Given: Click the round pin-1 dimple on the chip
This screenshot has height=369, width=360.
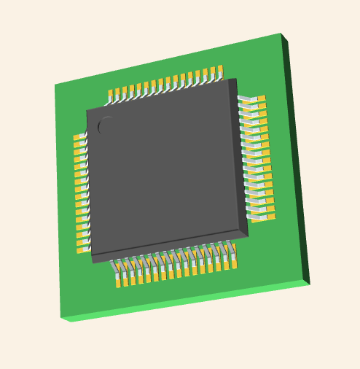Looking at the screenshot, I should pos(106,125).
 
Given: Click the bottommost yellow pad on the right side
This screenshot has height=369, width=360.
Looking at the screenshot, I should pos(270,217).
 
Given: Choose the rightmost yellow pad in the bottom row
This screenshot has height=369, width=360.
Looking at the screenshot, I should pos(234,265).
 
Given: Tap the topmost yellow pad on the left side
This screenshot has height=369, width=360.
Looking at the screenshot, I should pos(77,136).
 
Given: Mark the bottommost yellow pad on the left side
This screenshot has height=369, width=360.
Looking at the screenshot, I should pos(81,250).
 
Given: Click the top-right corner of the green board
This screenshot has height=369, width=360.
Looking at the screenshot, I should pos(281,34).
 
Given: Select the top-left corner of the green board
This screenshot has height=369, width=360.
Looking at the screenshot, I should pos(55,85).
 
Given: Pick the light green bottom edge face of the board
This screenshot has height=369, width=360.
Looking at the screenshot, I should pos(182,303).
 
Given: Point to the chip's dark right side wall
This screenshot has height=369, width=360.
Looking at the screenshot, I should pos(242,157).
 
